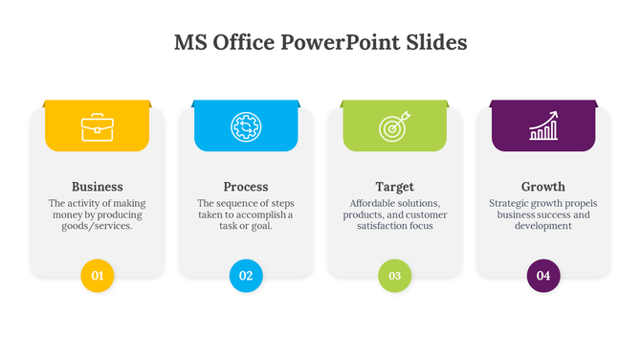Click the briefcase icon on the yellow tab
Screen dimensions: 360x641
pyautogui.click(x=97, y=127)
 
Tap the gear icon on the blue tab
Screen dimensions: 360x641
pyautogui.click(x=246, y=127)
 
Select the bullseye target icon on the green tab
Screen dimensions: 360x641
pyautogui.click(x=394, y=127)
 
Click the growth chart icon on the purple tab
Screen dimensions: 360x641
pyautogui.click(x=543, y=127)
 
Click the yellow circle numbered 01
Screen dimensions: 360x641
pyautogui.click(x=97, y=276)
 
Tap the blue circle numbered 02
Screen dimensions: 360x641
pyautogui.click(x=246, y=276)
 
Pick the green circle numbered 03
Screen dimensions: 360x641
pyautogui.click(x=394, y=276)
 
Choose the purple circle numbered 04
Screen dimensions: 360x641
pyautogui.click(x=543, y=276)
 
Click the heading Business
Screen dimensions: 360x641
pyautogui.click(x=97, y=187)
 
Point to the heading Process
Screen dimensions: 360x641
pyautogui.click(x=246, y=187)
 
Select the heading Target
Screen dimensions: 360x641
pyautogui.click(x=394, y=187)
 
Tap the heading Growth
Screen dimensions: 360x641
pyautogui.click(x=543, y=187)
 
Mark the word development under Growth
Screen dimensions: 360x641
pyautogui.click(x=543, y=226)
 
